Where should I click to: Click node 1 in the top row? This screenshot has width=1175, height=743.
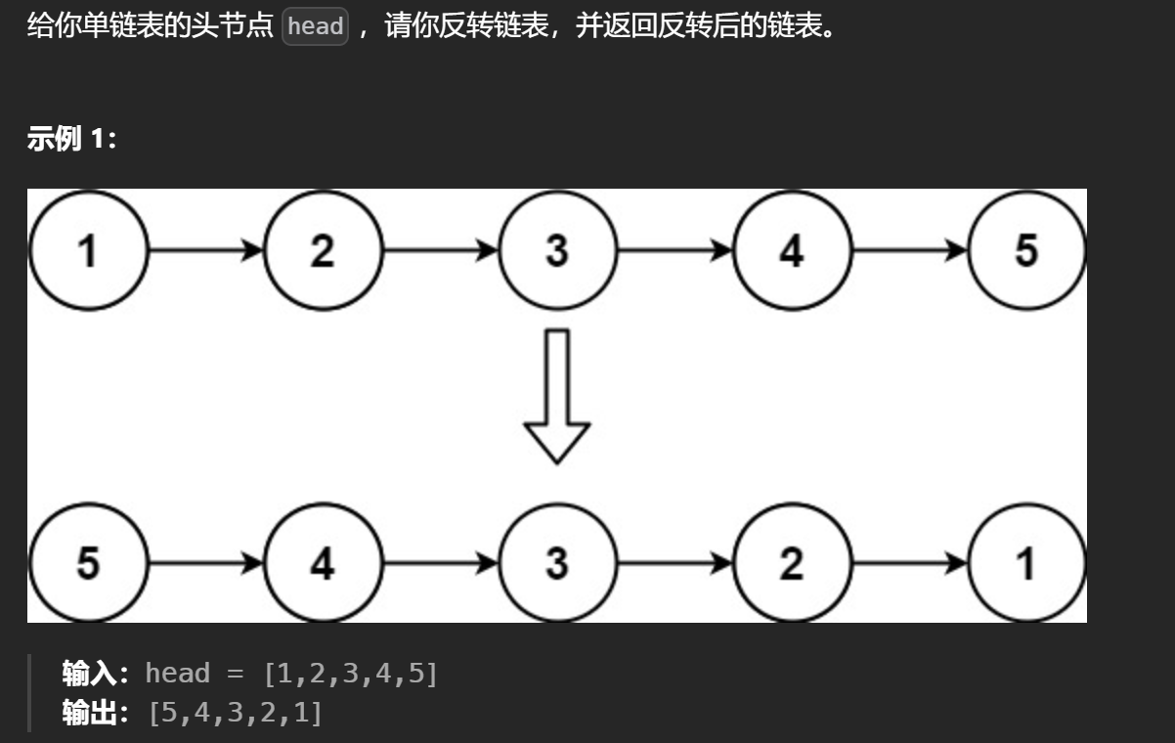click(88, 250)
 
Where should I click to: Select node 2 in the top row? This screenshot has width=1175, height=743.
click(323, 250)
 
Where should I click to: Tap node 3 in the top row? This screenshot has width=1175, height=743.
click(557, 250)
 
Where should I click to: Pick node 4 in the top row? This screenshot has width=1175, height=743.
click(792, 250)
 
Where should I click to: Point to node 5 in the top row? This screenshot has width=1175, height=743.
click(1026, 250)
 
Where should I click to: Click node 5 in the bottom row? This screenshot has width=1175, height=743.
click(88, 563)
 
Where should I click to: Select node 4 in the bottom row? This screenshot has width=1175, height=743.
click(323, 563)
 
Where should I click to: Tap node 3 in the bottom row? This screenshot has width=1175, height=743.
click(557, 563)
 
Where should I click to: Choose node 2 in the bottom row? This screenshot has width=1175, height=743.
click(792, 563)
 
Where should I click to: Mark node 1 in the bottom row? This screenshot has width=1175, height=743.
click(1026, 563)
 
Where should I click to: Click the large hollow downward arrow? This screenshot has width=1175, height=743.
click(557, 396)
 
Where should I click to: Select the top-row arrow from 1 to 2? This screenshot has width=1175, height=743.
click(205, 250)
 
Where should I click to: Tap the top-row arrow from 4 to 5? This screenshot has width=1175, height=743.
click(909, 250)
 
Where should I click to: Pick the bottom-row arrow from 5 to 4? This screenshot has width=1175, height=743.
click(205, 563)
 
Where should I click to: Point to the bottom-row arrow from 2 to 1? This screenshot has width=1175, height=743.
click(909, 563)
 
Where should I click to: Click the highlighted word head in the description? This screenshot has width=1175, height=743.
click(315, 26)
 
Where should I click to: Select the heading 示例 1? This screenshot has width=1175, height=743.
click(71, 139)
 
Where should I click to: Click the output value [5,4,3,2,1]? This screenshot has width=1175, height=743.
click(235, 713)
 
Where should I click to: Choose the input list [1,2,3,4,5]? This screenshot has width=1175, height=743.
click(351, 673)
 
